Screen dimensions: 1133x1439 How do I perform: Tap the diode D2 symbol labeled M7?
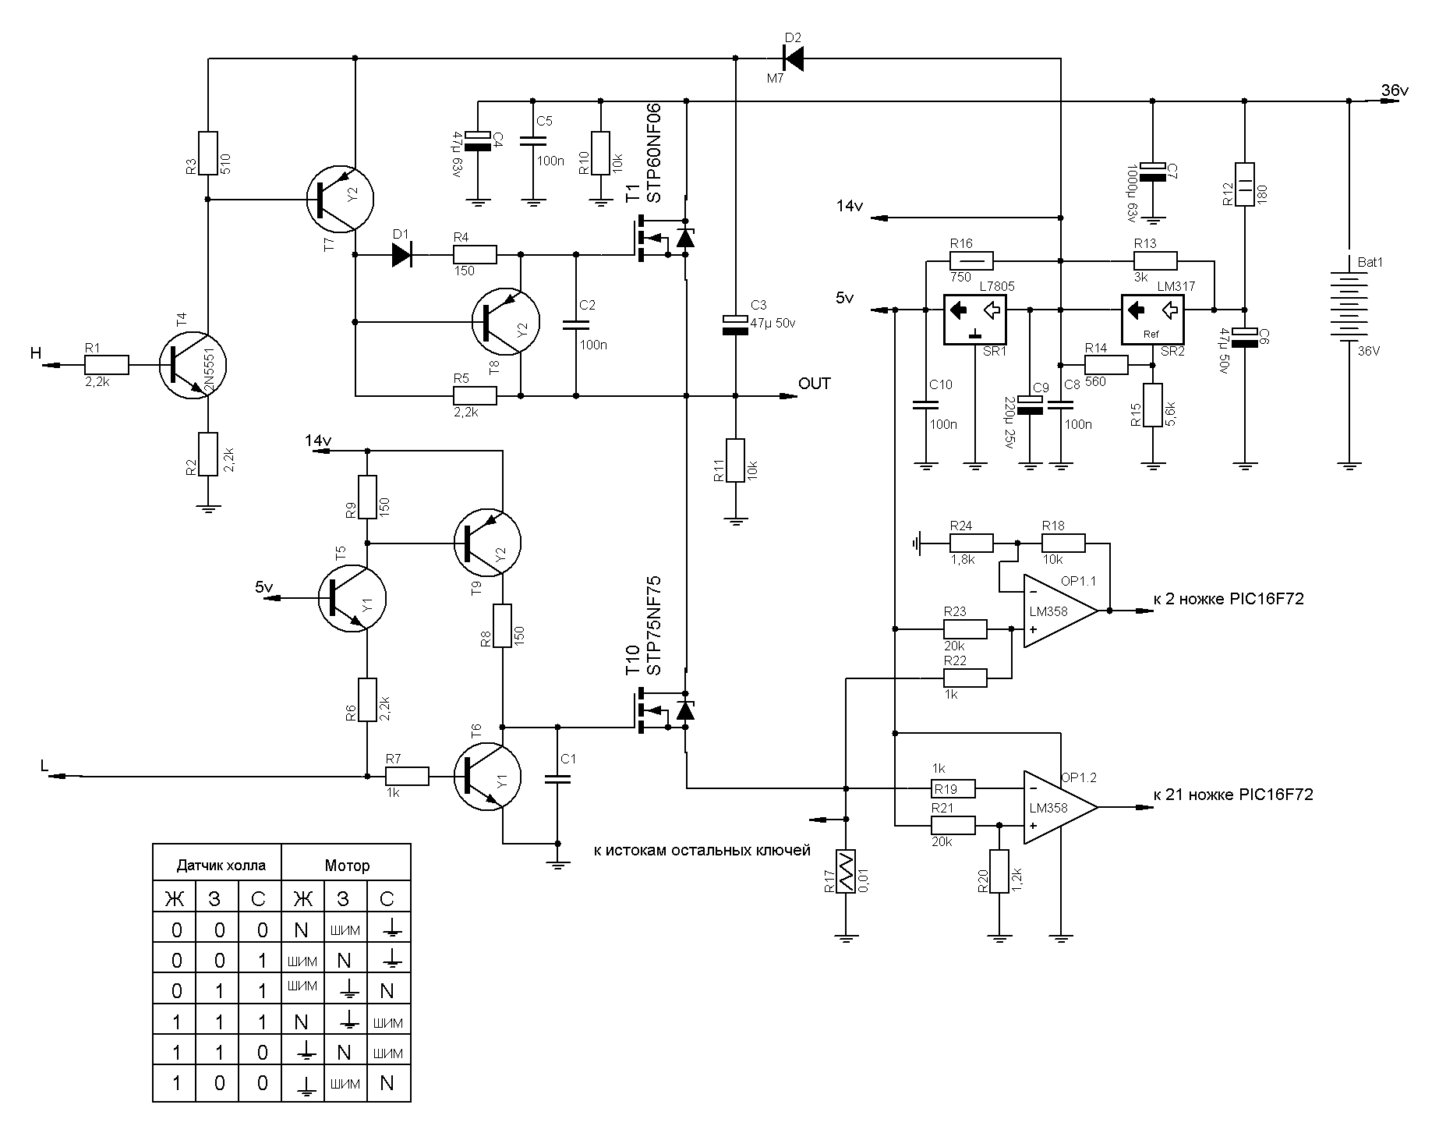(x=793, y=57)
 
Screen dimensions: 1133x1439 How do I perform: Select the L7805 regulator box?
(x=974, y=319)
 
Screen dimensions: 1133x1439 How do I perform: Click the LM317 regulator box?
(x=1151, y=319)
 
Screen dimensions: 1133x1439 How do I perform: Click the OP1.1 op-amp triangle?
(x=1056, y=611)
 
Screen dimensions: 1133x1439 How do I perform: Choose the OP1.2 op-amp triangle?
(x=1056, y=807)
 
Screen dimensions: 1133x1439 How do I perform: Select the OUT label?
(x=815, y=384)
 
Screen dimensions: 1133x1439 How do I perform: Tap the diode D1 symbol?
(x=402, y=254)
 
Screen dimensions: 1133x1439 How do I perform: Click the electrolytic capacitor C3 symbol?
(x=736, y=324)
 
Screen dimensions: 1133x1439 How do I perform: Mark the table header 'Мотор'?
(x=346, y=866)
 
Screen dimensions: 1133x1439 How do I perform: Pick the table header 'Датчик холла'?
(x=221, y=866)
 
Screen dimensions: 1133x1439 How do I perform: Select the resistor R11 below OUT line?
(x=736, y=460)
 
